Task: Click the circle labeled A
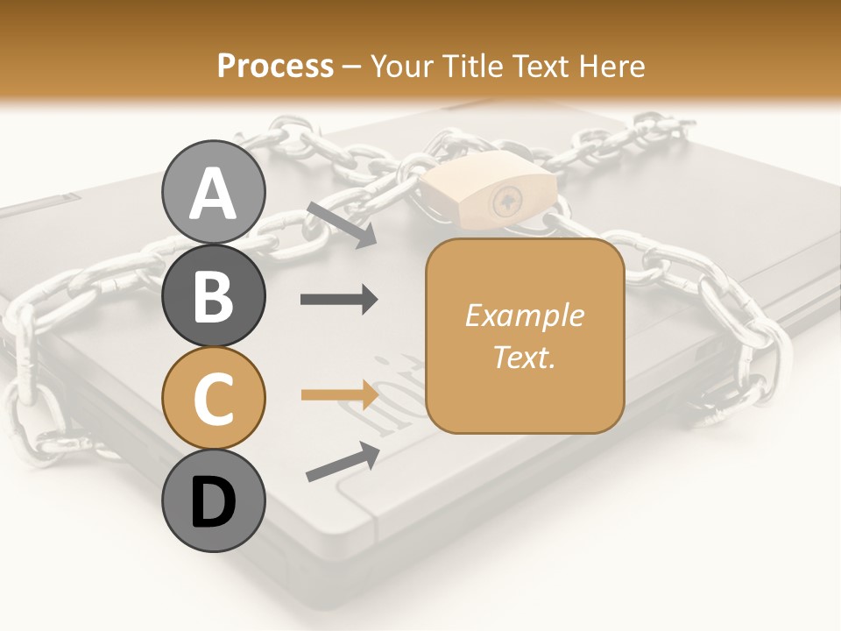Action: pyautogui.click(x=213, y=192)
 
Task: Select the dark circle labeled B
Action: pyautogui.click(x=213, y=295)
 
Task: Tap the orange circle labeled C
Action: pyautogui.click(x=213, y=399)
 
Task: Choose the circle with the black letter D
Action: pyautogui.click(x=213, y=501)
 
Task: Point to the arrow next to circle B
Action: pyautogui.click(x=339, y=300)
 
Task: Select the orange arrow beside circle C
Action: pyautogui.click(x=339, y=394)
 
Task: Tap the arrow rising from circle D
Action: pyautogui.click(x=343, y=462)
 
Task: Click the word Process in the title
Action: pyautogui.click(x=275, y=66)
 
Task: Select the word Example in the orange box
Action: pyautogui.click(x=524, y=315)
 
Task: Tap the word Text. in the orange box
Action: pyautogui.click(x=524, y=357)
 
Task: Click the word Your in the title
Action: pyautogui.click(x=400, y=66)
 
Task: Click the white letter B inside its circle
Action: pyautogui.click(x=213, y=295)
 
